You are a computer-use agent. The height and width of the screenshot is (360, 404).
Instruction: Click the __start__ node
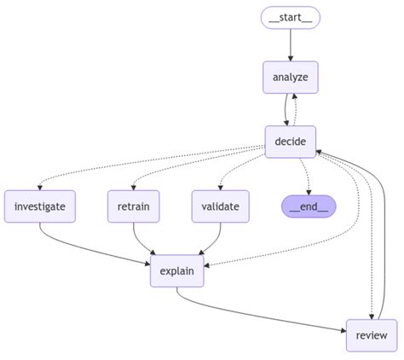tap(290, 17)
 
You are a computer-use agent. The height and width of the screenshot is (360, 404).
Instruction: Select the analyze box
tap(290, 78)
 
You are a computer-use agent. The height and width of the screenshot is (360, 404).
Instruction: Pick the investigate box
tap(39, 206)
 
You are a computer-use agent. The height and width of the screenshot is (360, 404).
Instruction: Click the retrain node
tap(134, 206)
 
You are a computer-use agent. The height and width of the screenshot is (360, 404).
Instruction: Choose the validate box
tap(220, 206)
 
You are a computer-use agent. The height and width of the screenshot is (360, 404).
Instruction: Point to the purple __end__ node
tap(308, 206)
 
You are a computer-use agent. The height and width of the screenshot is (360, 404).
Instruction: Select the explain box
tap(176, 272)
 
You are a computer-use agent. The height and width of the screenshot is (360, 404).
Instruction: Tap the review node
tap(372, 334)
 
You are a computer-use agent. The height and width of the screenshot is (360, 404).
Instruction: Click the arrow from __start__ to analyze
tap(290, 44)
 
